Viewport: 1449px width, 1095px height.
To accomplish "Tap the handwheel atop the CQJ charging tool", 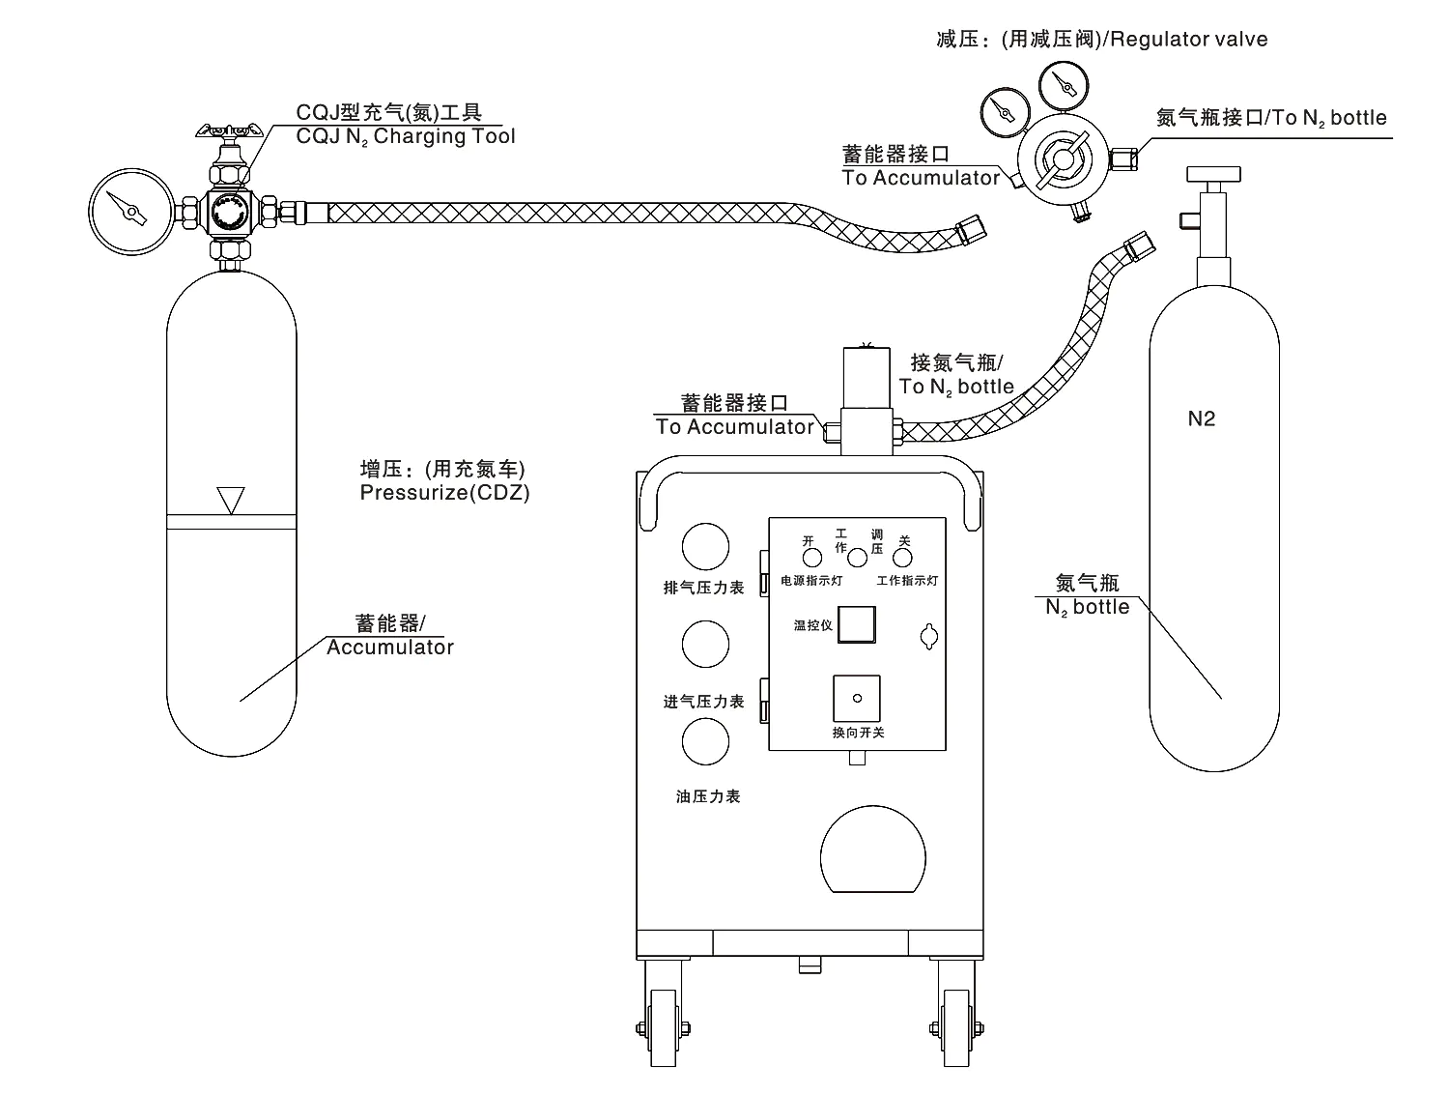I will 229,130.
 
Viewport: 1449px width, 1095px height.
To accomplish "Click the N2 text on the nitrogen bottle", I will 1201,418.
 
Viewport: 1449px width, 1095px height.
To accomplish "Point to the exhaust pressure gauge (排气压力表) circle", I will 705,547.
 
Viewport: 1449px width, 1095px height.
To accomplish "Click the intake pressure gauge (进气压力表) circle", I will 705,644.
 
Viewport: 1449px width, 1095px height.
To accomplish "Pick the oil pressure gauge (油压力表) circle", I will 705,742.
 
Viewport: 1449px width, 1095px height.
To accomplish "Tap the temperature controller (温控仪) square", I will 856,624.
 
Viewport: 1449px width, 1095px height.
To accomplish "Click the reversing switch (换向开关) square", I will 856,698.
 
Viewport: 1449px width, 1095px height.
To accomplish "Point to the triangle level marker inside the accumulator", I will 231,499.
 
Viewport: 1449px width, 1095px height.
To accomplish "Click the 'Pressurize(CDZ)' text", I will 444,492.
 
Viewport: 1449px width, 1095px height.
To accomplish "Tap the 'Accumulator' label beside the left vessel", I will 390,648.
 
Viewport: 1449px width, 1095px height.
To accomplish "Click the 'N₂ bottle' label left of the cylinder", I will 1088,607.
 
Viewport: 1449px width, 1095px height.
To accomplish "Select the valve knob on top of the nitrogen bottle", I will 1212,174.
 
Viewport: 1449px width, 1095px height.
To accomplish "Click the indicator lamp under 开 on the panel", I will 811,557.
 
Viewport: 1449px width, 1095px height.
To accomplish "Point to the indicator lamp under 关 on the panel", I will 903,557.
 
